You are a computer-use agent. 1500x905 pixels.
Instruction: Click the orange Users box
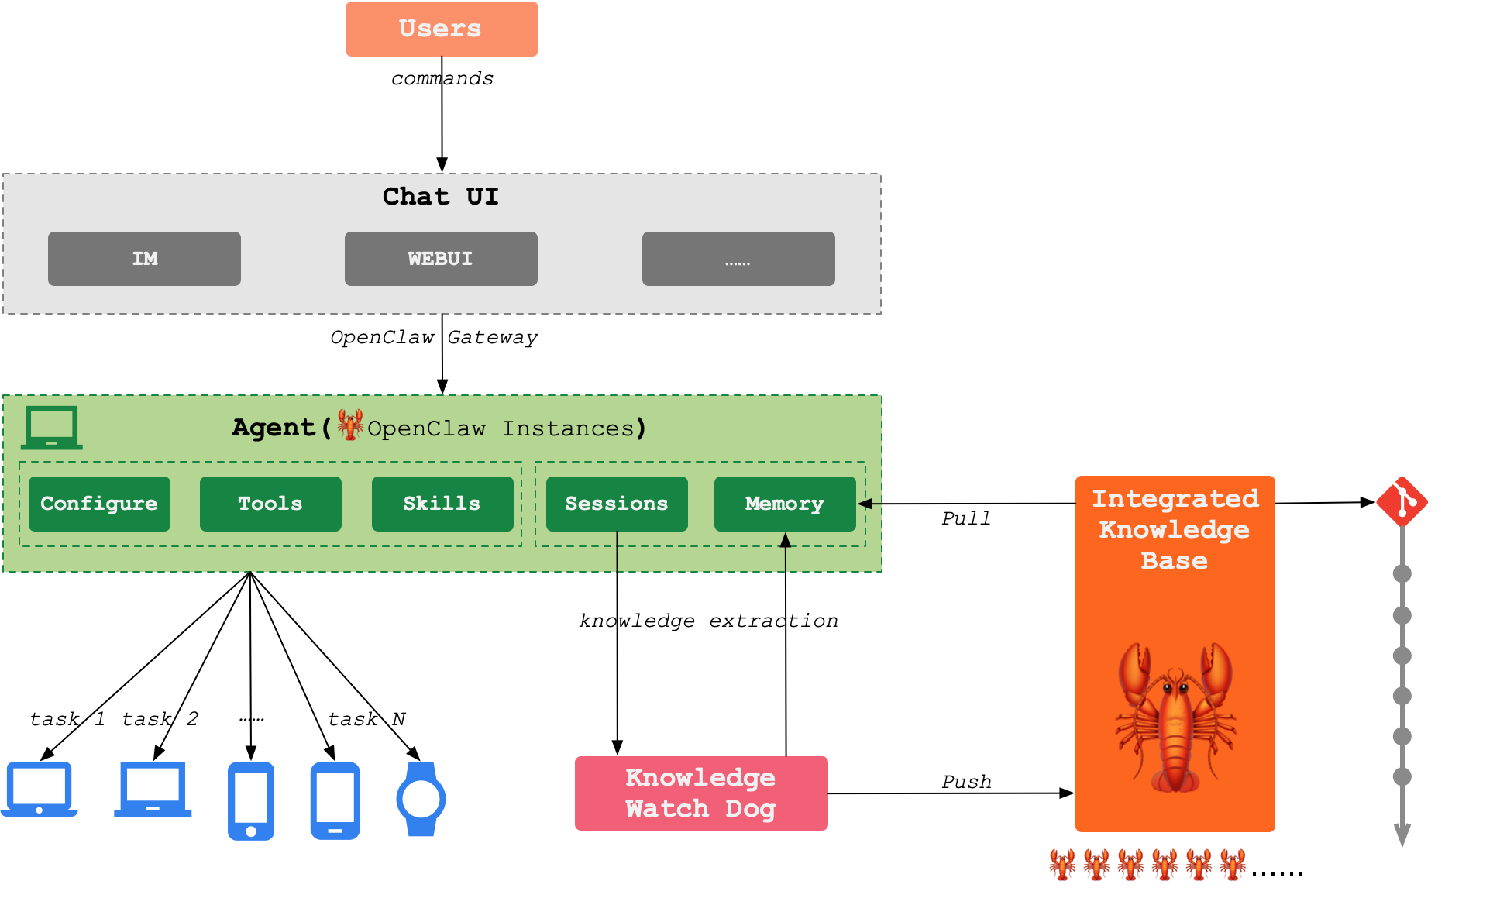[x=442, y=29]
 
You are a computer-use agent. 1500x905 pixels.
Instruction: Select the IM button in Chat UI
[x=144, y=259]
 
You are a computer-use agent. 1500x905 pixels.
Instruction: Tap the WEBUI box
[x=441, y=259]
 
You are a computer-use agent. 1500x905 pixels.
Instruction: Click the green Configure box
[x=99, y=504]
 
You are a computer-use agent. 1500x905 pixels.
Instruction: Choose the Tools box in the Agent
[x=270, y=504]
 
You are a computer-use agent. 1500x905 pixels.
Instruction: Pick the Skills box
[x=442, y=504]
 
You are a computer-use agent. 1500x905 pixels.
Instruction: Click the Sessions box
[x=617, y=504]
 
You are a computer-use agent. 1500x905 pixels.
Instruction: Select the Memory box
[x=785, y=504]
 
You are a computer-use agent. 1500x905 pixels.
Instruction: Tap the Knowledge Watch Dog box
[x=701, y=793]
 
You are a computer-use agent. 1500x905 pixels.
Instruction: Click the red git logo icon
[x=1402, y=502]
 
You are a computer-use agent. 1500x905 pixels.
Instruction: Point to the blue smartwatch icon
[x=421, y=799]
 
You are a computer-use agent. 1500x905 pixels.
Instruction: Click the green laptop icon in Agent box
[x=52, y=428]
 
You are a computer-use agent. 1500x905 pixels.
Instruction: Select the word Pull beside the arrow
[x=966, y=518]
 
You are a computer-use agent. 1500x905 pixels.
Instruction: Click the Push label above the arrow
[x=966, y=782]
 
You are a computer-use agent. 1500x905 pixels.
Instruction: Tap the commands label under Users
[x=442, y=78]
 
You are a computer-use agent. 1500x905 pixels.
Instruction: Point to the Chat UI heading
[x=440, y=197]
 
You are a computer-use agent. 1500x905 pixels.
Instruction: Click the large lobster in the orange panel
[x=1175, y=717]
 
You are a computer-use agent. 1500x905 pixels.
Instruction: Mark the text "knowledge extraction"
[x=708, y=621]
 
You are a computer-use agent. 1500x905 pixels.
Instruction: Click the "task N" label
[x=366, y=719]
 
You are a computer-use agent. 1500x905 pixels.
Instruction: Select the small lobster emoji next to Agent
[x=350, y=425]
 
